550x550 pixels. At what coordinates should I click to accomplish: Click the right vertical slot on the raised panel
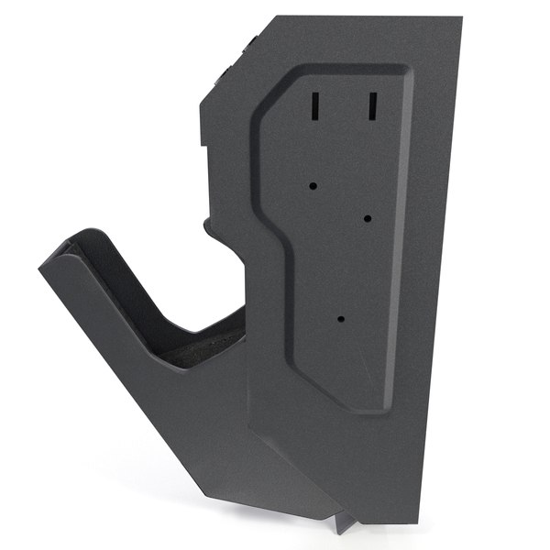373,105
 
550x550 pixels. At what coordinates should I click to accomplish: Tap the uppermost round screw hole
313,185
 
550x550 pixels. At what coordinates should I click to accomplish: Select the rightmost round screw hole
367,219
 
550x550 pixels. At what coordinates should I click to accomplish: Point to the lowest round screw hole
340,320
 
